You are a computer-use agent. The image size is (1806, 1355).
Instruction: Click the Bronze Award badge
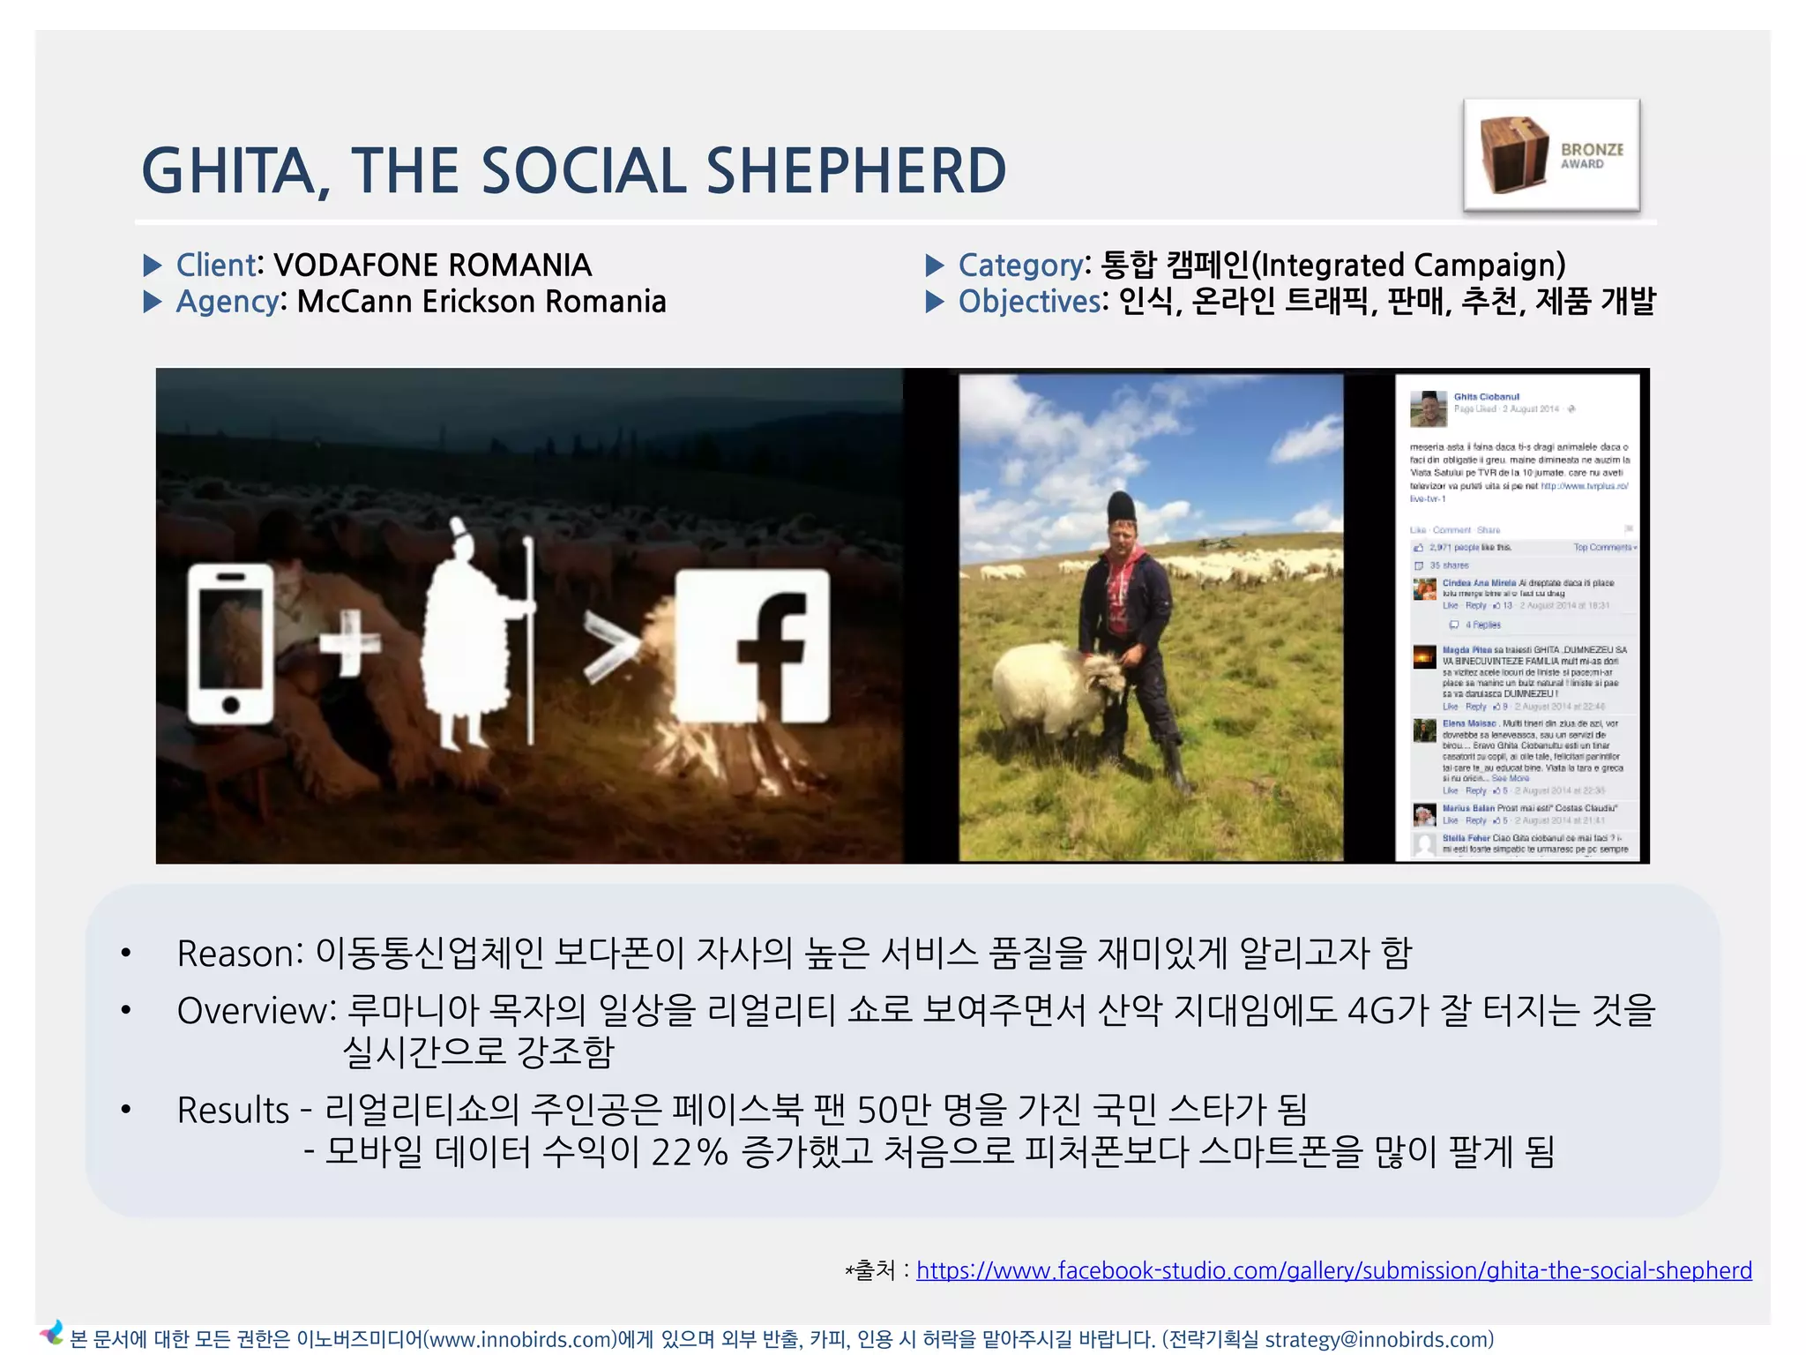tap(1551, 155)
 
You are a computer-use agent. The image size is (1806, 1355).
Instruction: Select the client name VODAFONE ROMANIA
tap(432, 265)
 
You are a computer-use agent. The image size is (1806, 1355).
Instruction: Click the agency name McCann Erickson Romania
tap(481, 302)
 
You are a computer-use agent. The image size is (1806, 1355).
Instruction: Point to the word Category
tap(1020, 265)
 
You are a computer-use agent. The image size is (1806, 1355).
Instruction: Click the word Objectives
tap(1029, 302)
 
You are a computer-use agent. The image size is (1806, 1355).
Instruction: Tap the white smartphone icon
tap(231, 644)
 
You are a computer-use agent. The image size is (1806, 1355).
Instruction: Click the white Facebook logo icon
tap(752, 646)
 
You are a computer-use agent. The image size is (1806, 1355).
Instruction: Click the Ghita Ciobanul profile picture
tap(1428, 408)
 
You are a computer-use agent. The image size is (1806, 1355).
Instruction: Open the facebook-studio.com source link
tap(1333, 1270)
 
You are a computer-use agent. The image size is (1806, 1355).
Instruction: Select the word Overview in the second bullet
tap(252, 1011)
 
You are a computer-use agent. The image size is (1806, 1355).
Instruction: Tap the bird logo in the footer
tap(52, 1333)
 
